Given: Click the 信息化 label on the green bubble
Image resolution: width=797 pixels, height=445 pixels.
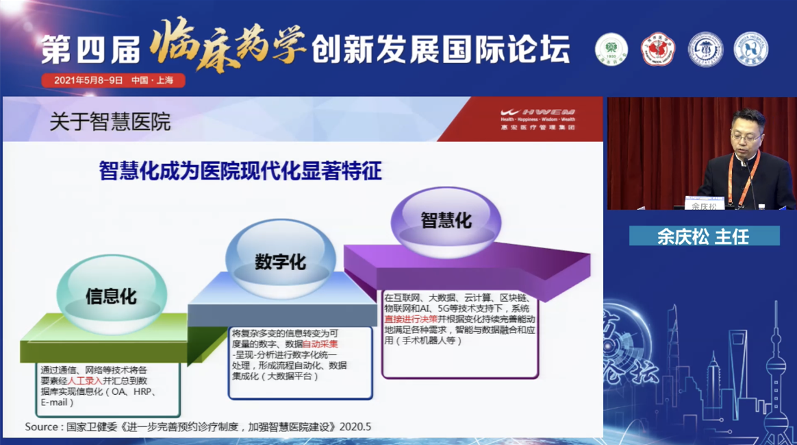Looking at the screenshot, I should [111, 296].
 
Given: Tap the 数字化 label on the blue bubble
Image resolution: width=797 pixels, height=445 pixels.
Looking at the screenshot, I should [280, 262].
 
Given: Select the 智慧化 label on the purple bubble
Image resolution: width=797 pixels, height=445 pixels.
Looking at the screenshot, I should [446, 220].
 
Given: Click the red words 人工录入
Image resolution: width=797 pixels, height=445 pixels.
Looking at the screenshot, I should [85, 381].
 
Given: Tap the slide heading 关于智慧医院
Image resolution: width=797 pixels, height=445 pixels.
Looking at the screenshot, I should [110, 122].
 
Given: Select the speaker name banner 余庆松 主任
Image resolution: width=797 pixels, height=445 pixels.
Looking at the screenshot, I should [703, 237].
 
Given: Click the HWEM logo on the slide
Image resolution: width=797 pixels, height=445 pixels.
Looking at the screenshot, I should [537, 118].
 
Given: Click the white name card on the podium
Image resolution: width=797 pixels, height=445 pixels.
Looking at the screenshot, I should [704, 204].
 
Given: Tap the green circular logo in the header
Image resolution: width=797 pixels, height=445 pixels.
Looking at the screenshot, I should [611, 50].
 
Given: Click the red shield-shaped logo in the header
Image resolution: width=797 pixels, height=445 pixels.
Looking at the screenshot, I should [657, 50].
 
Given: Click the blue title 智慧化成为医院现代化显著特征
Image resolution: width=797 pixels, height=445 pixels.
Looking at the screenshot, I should [240, 171].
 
